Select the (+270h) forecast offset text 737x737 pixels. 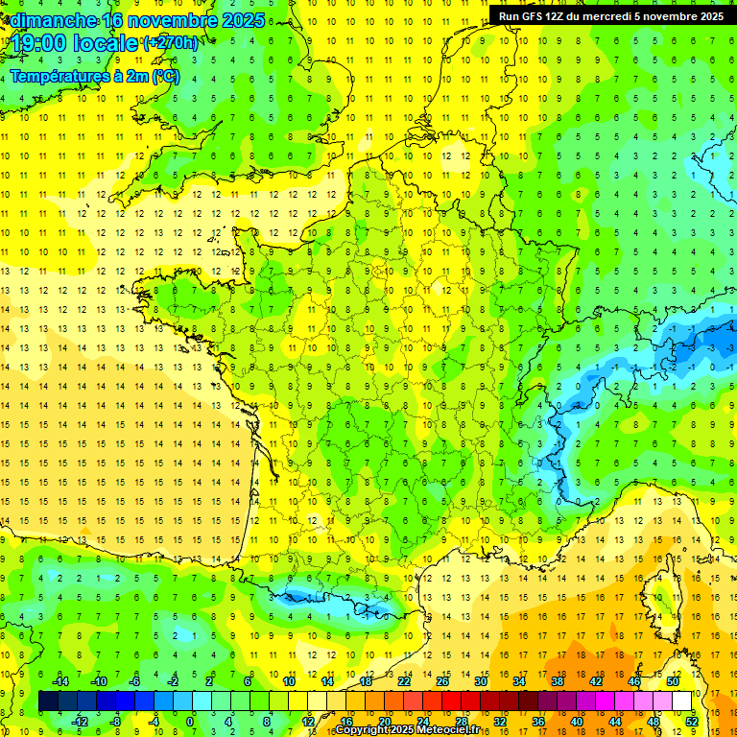tap(171, 42)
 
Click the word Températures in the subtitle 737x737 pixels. tap(55, 77)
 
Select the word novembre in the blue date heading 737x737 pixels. tap(170, 19)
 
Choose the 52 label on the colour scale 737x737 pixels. tap(692, 721)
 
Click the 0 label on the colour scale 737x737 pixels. tap(191, 721)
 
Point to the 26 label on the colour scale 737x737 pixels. tap(442, 681)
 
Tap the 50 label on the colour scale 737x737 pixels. tap(673, 681)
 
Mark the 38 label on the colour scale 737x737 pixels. tap(558, 681)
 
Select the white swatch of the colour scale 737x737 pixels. tap(682, 701)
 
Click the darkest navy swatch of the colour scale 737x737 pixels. tap(49, 701)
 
